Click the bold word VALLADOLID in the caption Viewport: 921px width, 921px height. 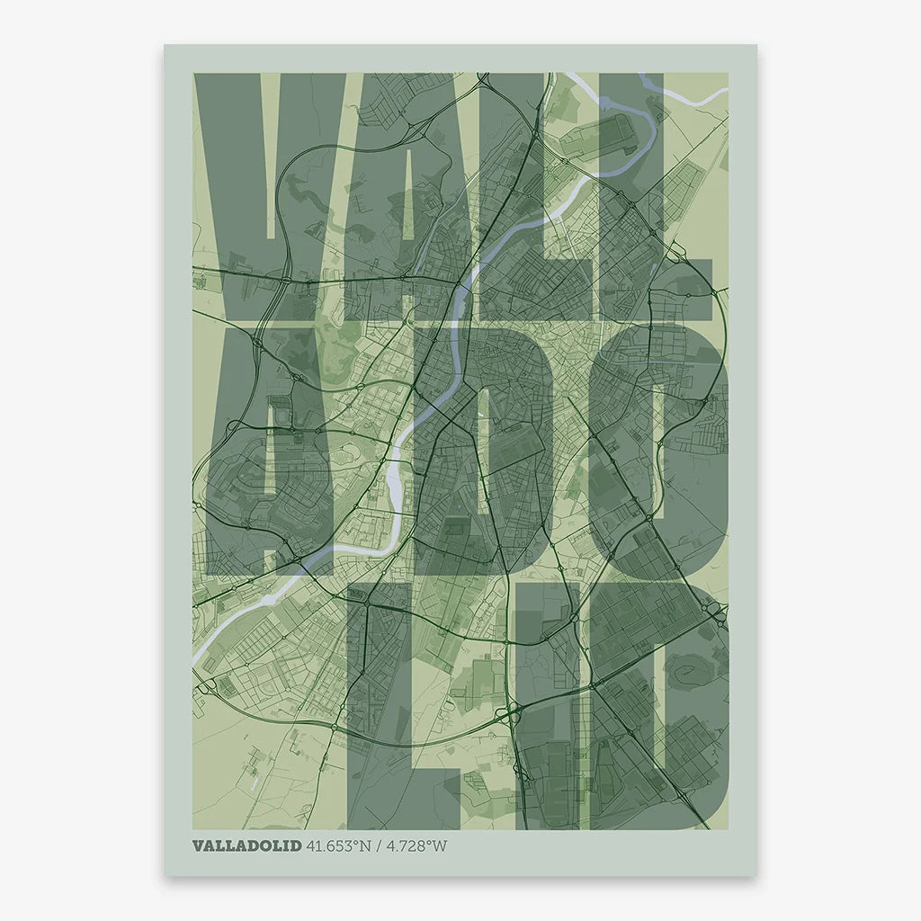tap(247, 845)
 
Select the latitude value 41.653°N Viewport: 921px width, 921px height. tap(339, 845)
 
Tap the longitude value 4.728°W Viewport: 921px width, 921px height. tap(416, 845)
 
